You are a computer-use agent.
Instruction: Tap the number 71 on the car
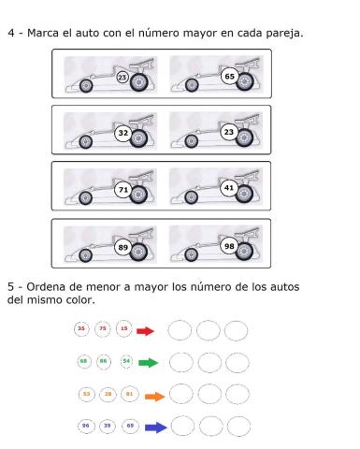[x=122, y=189]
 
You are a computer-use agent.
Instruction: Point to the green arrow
[x=148, y=361]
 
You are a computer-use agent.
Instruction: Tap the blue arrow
[x=155, y=427]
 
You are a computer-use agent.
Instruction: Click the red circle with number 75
[x=102, y=329]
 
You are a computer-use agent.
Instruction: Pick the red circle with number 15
[x=123, y=329]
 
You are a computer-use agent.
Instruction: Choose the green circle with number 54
[x=127, y=360]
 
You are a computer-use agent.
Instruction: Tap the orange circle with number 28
[x=108, y=394]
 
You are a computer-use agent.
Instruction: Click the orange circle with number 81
[x=130, y=394]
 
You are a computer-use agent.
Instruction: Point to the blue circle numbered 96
[x=87, y=426]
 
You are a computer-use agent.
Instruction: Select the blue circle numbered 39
[x=109, y=426]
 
